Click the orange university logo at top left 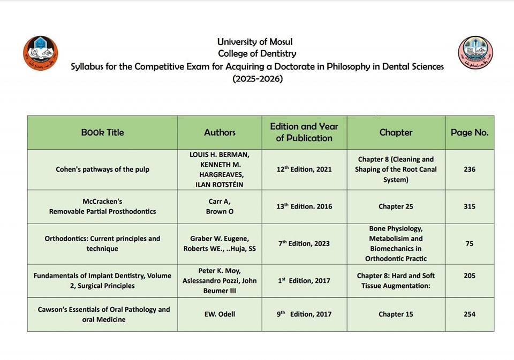click(41, 53)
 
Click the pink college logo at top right click(475, 53)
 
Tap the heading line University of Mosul click(255, 42)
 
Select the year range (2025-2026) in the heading click(257, 79)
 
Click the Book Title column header click(102, 132)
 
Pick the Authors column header click(220, 132)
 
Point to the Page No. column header click(470, 132)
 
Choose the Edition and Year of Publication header click(304, 132)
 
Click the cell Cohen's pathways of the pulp click(102, 170)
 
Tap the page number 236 click(470, 170)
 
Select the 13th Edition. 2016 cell click(304, 206)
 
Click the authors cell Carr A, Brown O click(220, 206)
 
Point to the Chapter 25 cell click(396, 206)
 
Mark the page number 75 click(470, 243)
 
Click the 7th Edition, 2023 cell click(304, 243)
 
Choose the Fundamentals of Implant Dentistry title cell click(102, 281)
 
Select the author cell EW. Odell click(220, 315)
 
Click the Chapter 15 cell click(396, 315)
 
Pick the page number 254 click(470, 315)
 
